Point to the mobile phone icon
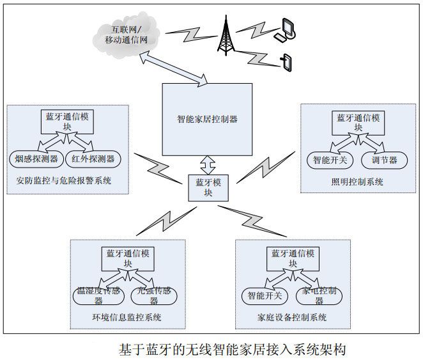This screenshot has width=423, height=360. tap(286, 62)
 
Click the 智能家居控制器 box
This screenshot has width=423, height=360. tap(207, 118)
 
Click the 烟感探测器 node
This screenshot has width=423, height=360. tap(35, 158)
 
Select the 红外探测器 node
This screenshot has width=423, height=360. tap(92, 158)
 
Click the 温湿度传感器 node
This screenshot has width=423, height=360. tap(97, 295)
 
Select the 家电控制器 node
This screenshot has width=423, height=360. tap(321, 295)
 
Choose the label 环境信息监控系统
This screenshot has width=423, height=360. tap(127, 318)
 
